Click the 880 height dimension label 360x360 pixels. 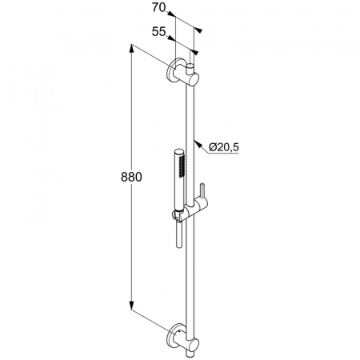click(131, 177)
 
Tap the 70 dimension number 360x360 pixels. click(158, 8)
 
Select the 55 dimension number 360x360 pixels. click(158, 32)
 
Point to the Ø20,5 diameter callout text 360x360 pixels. click(223, 147)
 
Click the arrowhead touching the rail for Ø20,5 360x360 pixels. click(197, 144)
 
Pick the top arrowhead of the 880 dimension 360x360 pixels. click(131, 49)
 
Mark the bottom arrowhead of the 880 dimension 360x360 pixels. click(131, 306)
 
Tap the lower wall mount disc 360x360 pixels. click(172, 335)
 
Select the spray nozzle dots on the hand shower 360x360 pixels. click(182, 166)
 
